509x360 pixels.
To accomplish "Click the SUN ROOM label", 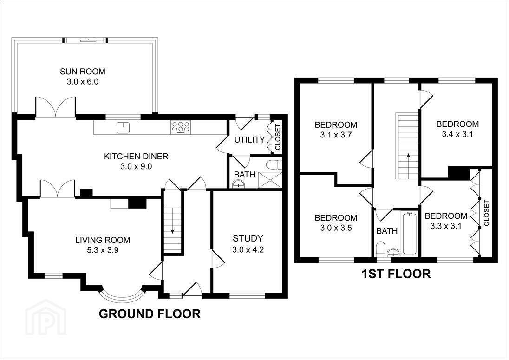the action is tap(83, 71).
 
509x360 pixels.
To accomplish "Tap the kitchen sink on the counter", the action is tap(123, 127).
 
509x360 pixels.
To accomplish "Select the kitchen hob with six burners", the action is tap(181, 127).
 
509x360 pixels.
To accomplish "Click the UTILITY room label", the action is tap(249, 139).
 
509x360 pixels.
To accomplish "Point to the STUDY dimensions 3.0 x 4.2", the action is tap(248, 249).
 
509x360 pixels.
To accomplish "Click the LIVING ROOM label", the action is tap(103, 240).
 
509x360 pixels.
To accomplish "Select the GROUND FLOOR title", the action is tap(150, 314).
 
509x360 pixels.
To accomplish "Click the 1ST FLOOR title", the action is tap(396, 274).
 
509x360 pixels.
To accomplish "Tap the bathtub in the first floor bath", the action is tap(411, 233).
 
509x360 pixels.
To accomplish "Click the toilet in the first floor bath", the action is tap(381, 249).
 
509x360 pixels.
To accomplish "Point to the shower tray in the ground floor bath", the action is tap(270, 180).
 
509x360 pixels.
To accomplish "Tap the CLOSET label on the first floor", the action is tap(486, 213).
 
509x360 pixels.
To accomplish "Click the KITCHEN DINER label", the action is tap(136, 156).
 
